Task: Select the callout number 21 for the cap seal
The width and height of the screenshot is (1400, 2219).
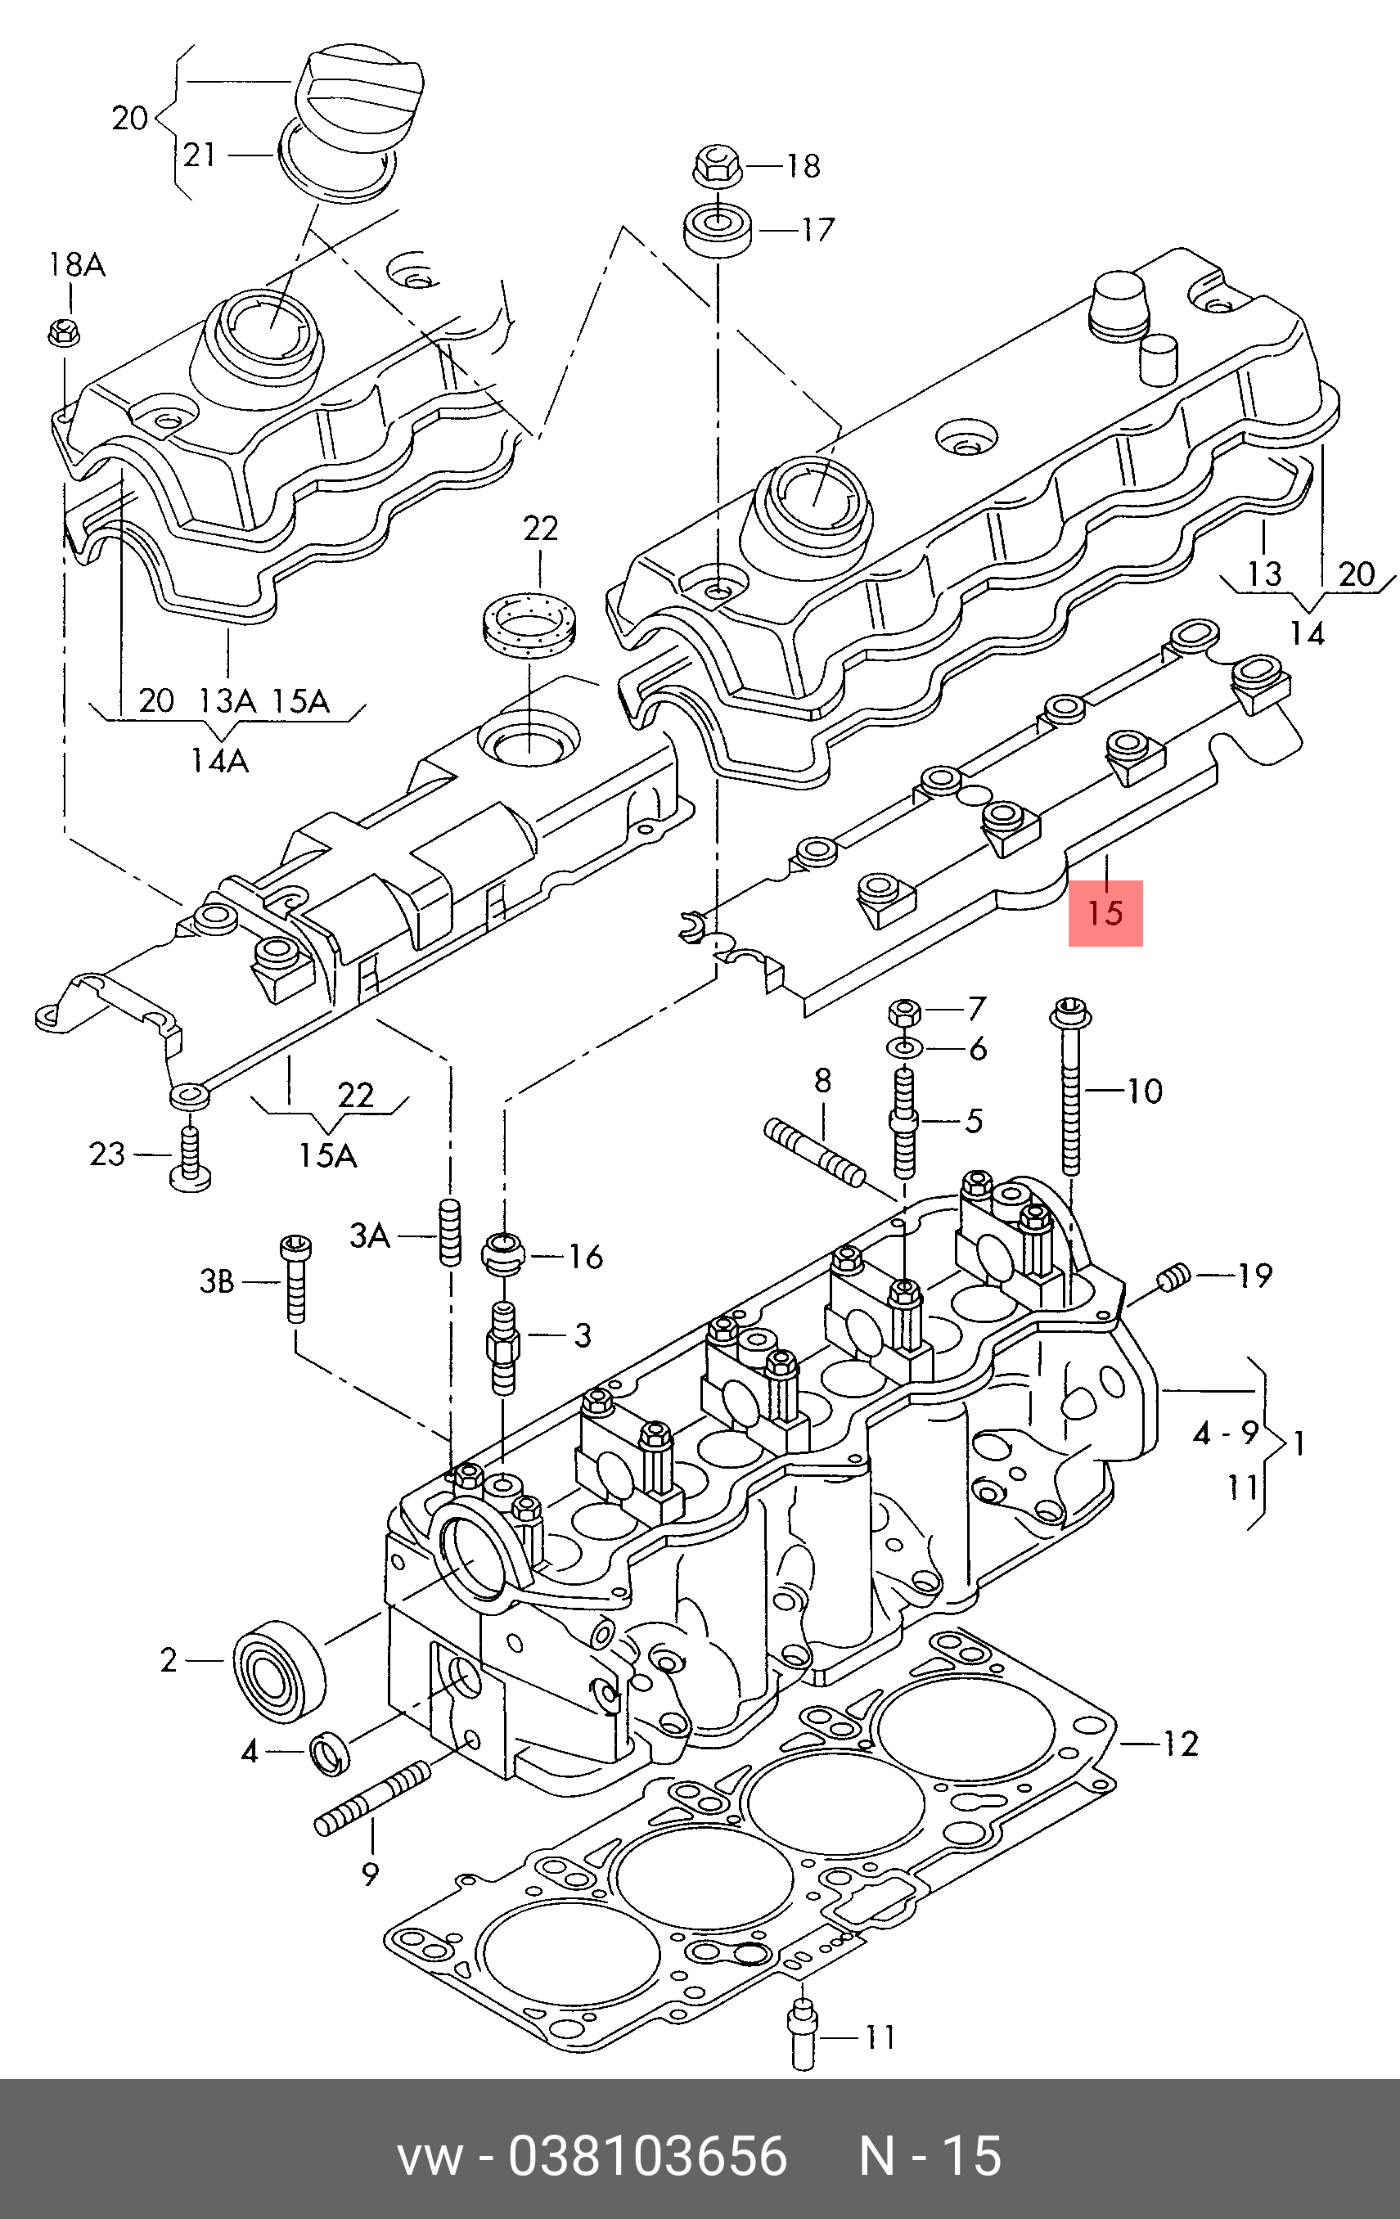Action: pyautogui.click(x=199, y=155)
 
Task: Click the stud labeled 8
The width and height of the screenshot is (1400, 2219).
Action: pyautogui.click(x=815, y=1152)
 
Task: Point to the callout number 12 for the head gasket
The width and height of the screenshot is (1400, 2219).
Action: pyautogui.click(x=1181, y=1744)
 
